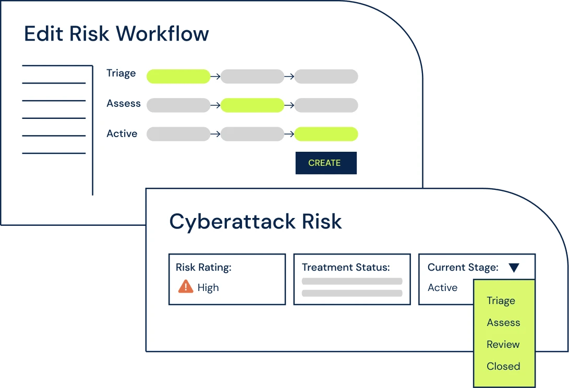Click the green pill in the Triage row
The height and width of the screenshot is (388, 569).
click(178, 77)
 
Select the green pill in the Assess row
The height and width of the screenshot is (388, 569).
click(252, 105)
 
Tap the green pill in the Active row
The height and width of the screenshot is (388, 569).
click(326, 134)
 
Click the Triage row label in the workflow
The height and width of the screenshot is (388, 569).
click(121, 74)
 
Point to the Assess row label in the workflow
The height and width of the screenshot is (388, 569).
click(124, 103)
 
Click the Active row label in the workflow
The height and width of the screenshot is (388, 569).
click(122, 134)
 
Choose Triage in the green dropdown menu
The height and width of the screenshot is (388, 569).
click(501, 301)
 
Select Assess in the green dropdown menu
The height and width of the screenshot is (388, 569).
click(503, 323)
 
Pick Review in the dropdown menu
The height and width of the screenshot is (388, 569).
click(503, 345)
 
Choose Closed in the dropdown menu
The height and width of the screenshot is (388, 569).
click(503, 367)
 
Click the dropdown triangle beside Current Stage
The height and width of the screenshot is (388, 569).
click(514, 268)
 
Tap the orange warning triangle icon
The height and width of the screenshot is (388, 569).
click(186, 286)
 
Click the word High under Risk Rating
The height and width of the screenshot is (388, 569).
click(208, 288)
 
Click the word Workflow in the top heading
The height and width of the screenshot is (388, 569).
click(162, 34)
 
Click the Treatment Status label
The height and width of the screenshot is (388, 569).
click(345, 268)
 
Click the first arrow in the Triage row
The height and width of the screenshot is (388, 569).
click(215, 77)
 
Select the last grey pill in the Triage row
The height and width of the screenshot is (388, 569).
click(326, 77)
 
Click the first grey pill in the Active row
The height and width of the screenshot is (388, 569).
click(178, 134)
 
